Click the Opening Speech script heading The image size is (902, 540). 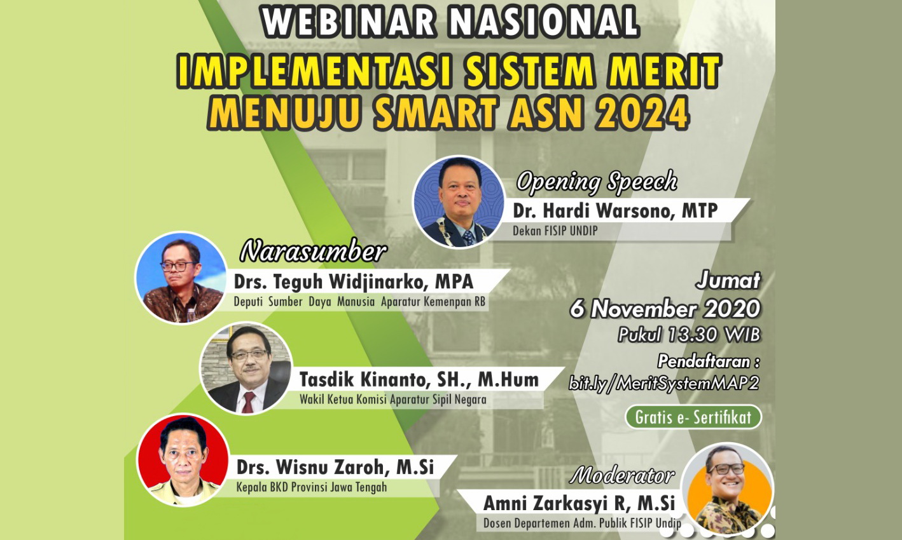pos(597,182)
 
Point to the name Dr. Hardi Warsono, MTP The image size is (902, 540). pos(615,211)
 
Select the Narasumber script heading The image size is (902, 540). pos(313,252)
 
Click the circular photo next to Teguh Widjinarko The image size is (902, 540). pos(182,278)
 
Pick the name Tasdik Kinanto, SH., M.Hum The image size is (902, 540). pos(419,380)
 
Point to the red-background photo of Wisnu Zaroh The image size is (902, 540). pos(183,460)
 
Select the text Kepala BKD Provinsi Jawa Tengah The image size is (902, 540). pos(311,488)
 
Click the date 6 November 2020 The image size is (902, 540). pos(665,309)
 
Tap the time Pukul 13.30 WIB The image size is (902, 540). pos(689,335)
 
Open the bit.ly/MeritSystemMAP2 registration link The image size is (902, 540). pos(663,383)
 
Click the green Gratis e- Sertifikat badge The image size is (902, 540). pos(693,417)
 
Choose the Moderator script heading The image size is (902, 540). pos(622,475)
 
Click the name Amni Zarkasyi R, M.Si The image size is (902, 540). pos(579,503)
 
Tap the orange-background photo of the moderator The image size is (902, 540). pos(728,489)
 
